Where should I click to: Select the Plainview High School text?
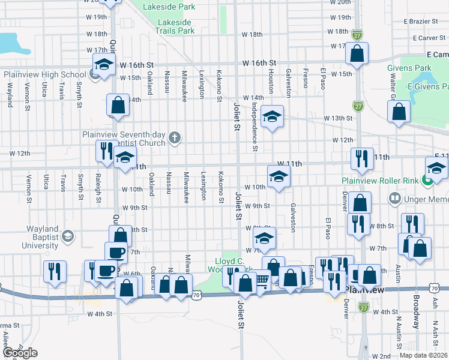[44, 75]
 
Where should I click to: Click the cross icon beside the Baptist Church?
[174, 139]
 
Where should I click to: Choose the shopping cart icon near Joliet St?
[262, 280]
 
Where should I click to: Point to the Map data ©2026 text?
[423, 355]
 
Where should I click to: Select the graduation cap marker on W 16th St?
[104, 64]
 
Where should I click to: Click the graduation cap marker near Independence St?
[272, 117]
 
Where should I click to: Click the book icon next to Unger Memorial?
[394, 197]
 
